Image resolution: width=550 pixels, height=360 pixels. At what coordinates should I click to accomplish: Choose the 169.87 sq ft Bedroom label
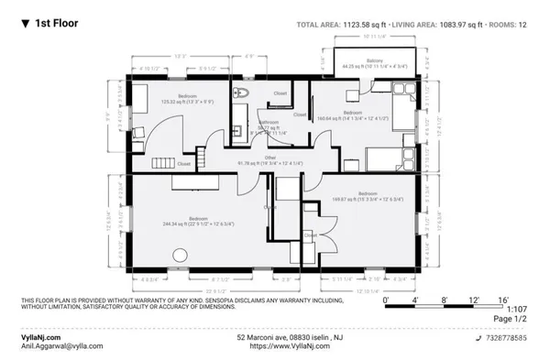click(x=367, y=195)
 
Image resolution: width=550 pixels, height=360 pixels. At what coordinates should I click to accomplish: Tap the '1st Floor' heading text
click(x=55, y=25)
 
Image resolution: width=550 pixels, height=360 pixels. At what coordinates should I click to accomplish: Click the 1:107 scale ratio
click(x=519, y=310)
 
